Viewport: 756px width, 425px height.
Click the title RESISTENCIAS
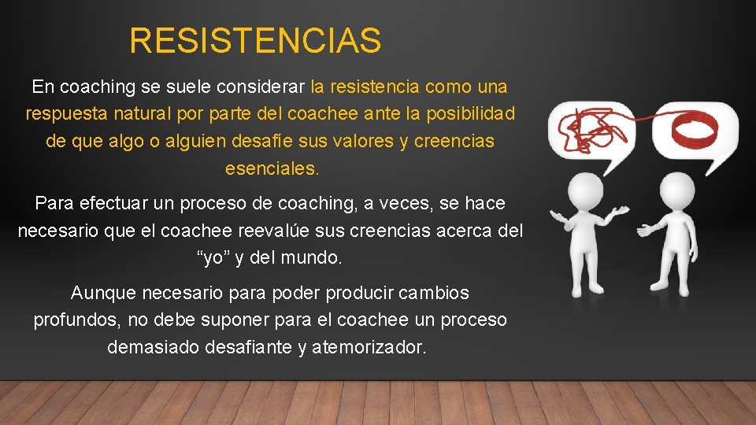tap(255, 41)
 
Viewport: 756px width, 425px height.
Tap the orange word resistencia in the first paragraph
tap(375, 87)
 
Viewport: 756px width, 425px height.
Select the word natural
tap(138, 114)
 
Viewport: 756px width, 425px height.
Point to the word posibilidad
tap(471, 114)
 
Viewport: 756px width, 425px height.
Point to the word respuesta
tap(62, 114)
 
